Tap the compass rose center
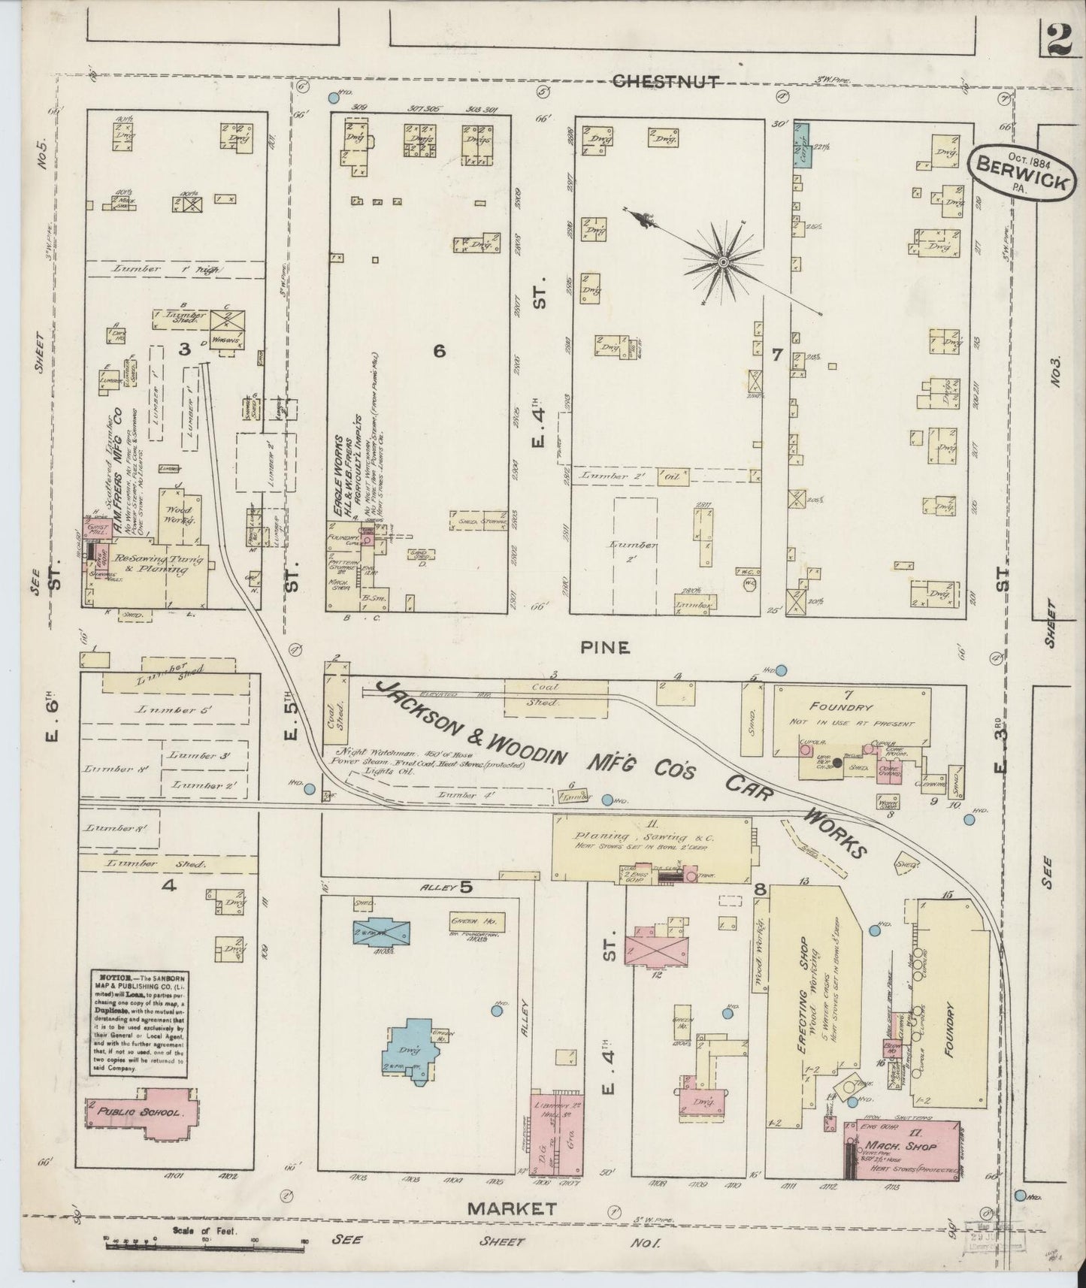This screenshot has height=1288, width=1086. pyautogui.click(x=722, y=262)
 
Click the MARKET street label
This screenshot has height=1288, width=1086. pyautogui.click(x=513, y=1209)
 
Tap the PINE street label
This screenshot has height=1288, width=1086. pyautogui.click(x=614, y=647)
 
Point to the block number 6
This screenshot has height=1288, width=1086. pyautogui.click(x=440, y=350)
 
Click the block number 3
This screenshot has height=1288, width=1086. pyautogui.click(x=183, y=347)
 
